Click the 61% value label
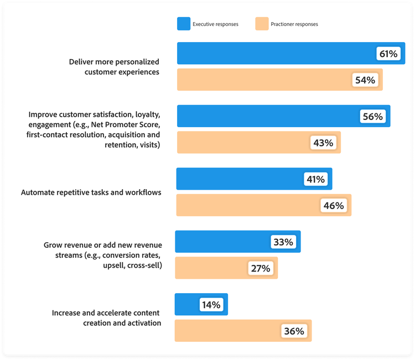coord(388,54)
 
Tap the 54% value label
coord(365,80)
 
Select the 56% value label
coord(373,117)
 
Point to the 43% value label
coord(323,143)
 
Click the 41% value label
coord(315,179)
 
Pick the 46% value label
coord(334,206)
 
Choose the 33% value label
coord(283,242)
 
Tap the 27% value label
coord(260,268)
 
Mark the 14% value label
coord(210,305)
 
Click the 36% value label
coord(294,331)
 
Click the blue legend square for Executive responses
coord(184,24)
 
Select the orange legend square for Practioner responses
coord(261,24)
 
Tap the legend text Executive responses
coord(215,24)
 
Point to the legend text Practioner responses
coord(294,24)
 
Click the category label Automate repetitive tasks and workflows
coord(91,193)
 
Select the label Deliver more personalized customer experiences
coord(114,66)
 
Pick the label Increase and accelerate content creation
coord(106,318)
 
